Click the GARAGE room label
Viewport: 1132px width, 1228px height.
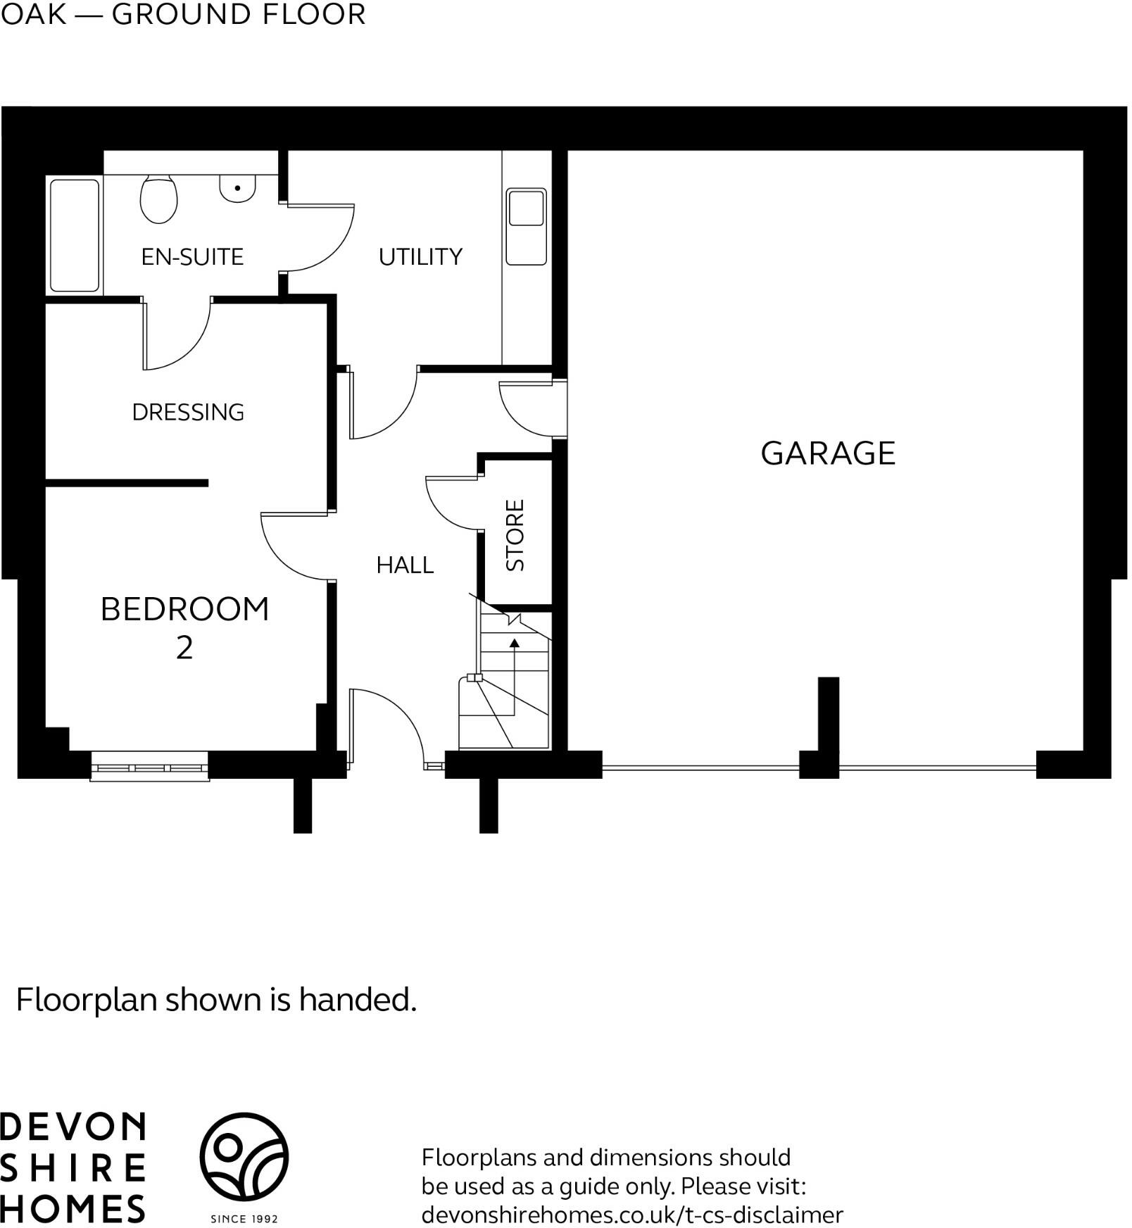(x=828, y=453)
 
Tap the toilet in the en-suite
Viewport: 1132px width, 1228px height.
(x=158, y=199)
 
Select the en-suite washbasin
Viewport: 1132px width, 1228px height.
(x=237, y=189)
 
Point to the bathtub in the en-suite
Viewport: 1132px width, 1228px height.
(x=75, y=235)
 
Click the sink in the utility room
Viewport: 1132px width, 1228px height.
(x=526, y=227)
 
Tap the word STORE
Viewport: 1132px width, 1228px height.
(x=515, y=535)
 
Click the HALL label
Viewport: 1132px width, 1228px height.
(x=405, y=565)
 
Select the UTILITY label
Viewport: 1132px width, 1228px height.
(x=420, y=257)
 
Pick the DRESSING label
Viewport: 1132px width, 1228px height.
(x=188, y=412)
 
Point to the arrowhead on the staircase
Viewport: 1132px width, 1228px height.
(x=515, y=642)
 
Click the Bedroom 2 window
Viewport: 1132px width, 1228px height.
(x=150, y=767)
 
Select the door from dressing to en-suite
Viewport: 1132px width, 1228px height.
(x=176, y=334)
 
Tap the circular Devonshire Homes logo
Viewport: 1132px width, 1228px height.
(x=244, y=1156)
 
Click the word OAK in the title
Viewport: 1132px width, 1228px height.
(x=33, y=14)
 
